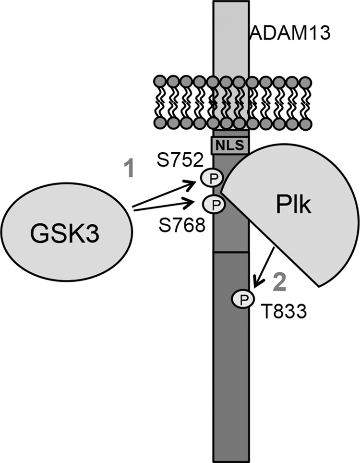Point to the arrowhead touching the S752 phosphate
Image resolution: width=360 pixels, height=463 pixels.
pyautogui.click(x=197, y=182)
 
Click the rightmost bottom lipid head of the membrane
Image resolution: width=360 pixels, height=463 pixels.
pyautogui.click(x=303, y=123)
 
